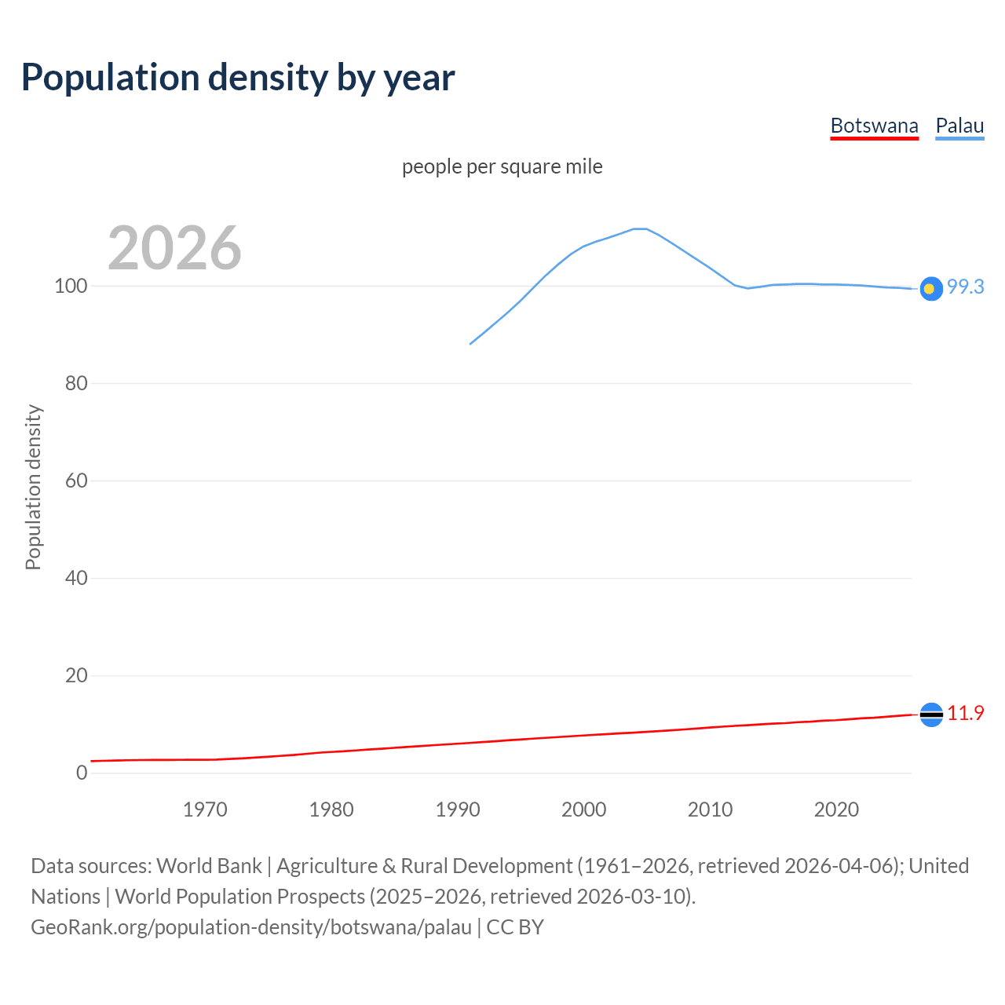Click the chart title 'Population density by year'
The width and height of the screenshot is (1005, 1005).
point(238,78)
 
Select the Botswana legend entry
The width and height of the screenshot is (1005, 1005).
point(874,126)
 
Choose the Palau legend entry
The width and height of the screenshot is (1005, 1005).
point(959,126)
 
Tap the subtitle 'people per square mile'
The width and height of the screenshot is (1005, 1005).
point(502,167)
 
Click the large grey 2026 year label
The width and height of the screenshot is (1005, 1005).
point(174,248)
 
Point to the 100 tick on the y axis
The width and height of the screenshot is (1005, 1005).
point(71,286)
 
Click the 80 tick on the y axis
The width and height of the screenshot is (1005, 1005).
point(75,384)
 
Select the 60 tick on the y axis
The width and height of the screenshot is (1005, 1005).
point(75,481)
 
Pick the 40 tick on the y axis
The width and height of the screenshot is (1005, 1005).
point(75,579)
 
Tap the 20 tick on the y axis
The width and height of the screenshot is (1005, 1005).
point(75,676)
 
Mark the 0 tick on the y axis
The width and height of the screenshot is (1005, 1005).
point(82,773)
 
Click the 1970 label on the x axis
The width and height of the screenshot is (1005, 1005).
point(205,809)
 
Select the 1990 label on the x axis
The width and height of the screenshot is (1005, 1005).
point(458,809)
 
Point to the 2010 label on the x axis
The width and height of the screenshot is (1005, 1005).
point(710,809)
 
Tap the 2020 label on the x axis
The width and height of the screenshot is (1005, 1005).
point(836,809)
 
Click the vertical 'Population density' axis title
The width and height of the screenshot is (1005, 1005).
point(33,487)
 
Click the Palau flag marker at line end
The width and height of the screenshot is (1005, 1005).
point(930,289)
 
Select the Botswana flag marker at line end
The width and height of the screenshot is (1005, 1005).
point(930,714)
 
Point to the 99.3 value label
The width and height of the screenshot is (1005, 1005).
point(965,287)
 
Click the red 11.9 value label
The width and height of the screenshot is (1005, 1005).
point(965,714)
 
